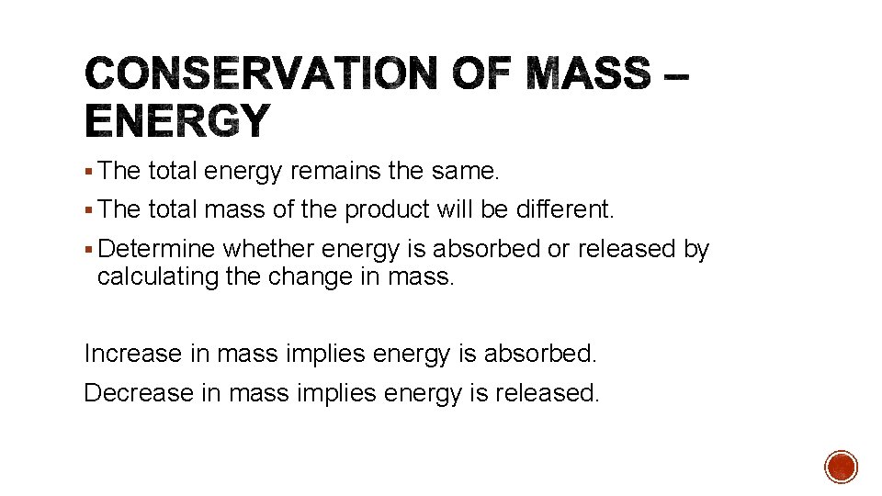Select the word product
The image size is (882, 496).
click(387, 209)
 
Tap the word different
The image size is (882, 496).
click(566, 209)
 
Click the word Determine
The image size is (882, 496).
click(156, 250)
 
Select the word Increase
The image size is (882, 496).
click(132, 353)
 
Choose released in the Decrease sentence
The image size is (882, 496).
click(547, 393)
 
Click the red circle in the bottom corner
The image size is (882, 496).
click(841, 467)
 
